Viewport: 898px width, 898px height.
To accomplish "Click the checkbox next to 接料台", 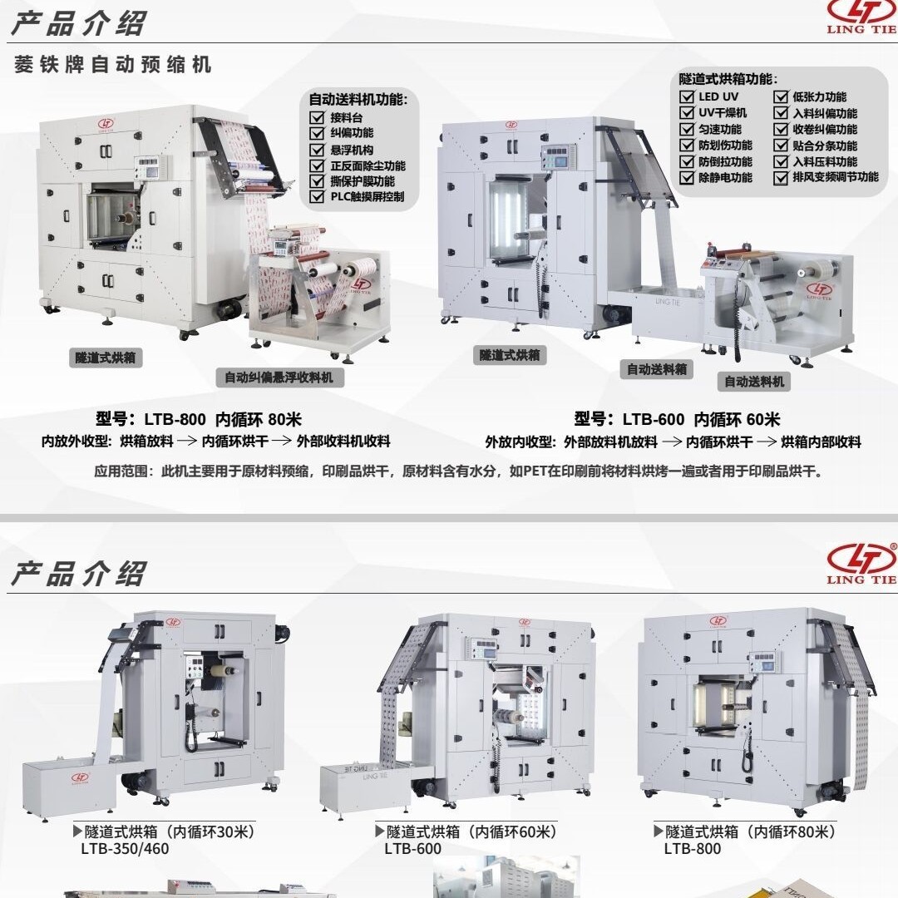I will pyautogui.click(x=317, y=117).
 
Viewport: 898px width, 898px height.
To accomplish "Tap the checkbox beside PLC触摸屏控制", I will pyautogui.click(x=317, y=197).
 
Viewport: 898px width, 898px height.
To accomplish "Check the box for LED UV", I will pyautogui.click(x=687, y=97).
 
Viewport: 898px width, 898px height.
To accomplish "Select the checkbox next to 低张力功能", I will pyautogui.click(x=782, y=97).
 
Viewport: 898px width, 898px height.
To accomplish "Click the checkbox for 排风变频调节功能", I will pyautogui.click(x=782, y=178).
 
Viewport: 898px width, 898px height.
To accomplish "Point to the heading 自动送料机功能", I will pyautogui.click(x=358, y=99).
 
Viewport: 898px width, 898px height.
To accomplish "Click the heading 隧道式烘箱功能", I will pyautogui.click(x=728, y=80).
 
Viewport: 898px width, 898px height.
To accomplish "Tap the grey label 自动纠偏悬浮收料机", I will pyautogui.click(x=279, y=377).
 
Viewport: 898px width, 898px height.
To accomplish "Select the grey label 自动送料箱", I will pyautogui.click(x=657, y=369).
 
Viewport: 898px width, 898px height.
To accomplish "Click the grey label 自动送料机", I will pyautogui.click(x=754, y=382).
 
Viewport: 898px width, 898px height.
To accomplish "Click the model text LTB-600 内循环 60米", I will pyautogui.click(x=677, y=420).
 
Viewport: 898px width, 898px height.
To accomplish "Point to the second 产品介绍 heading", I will pyautogui.click(x=78, y=574).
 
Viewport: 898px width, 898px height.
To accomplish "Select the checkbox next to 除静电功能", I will pyautogui.click(x=687, y=178).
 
